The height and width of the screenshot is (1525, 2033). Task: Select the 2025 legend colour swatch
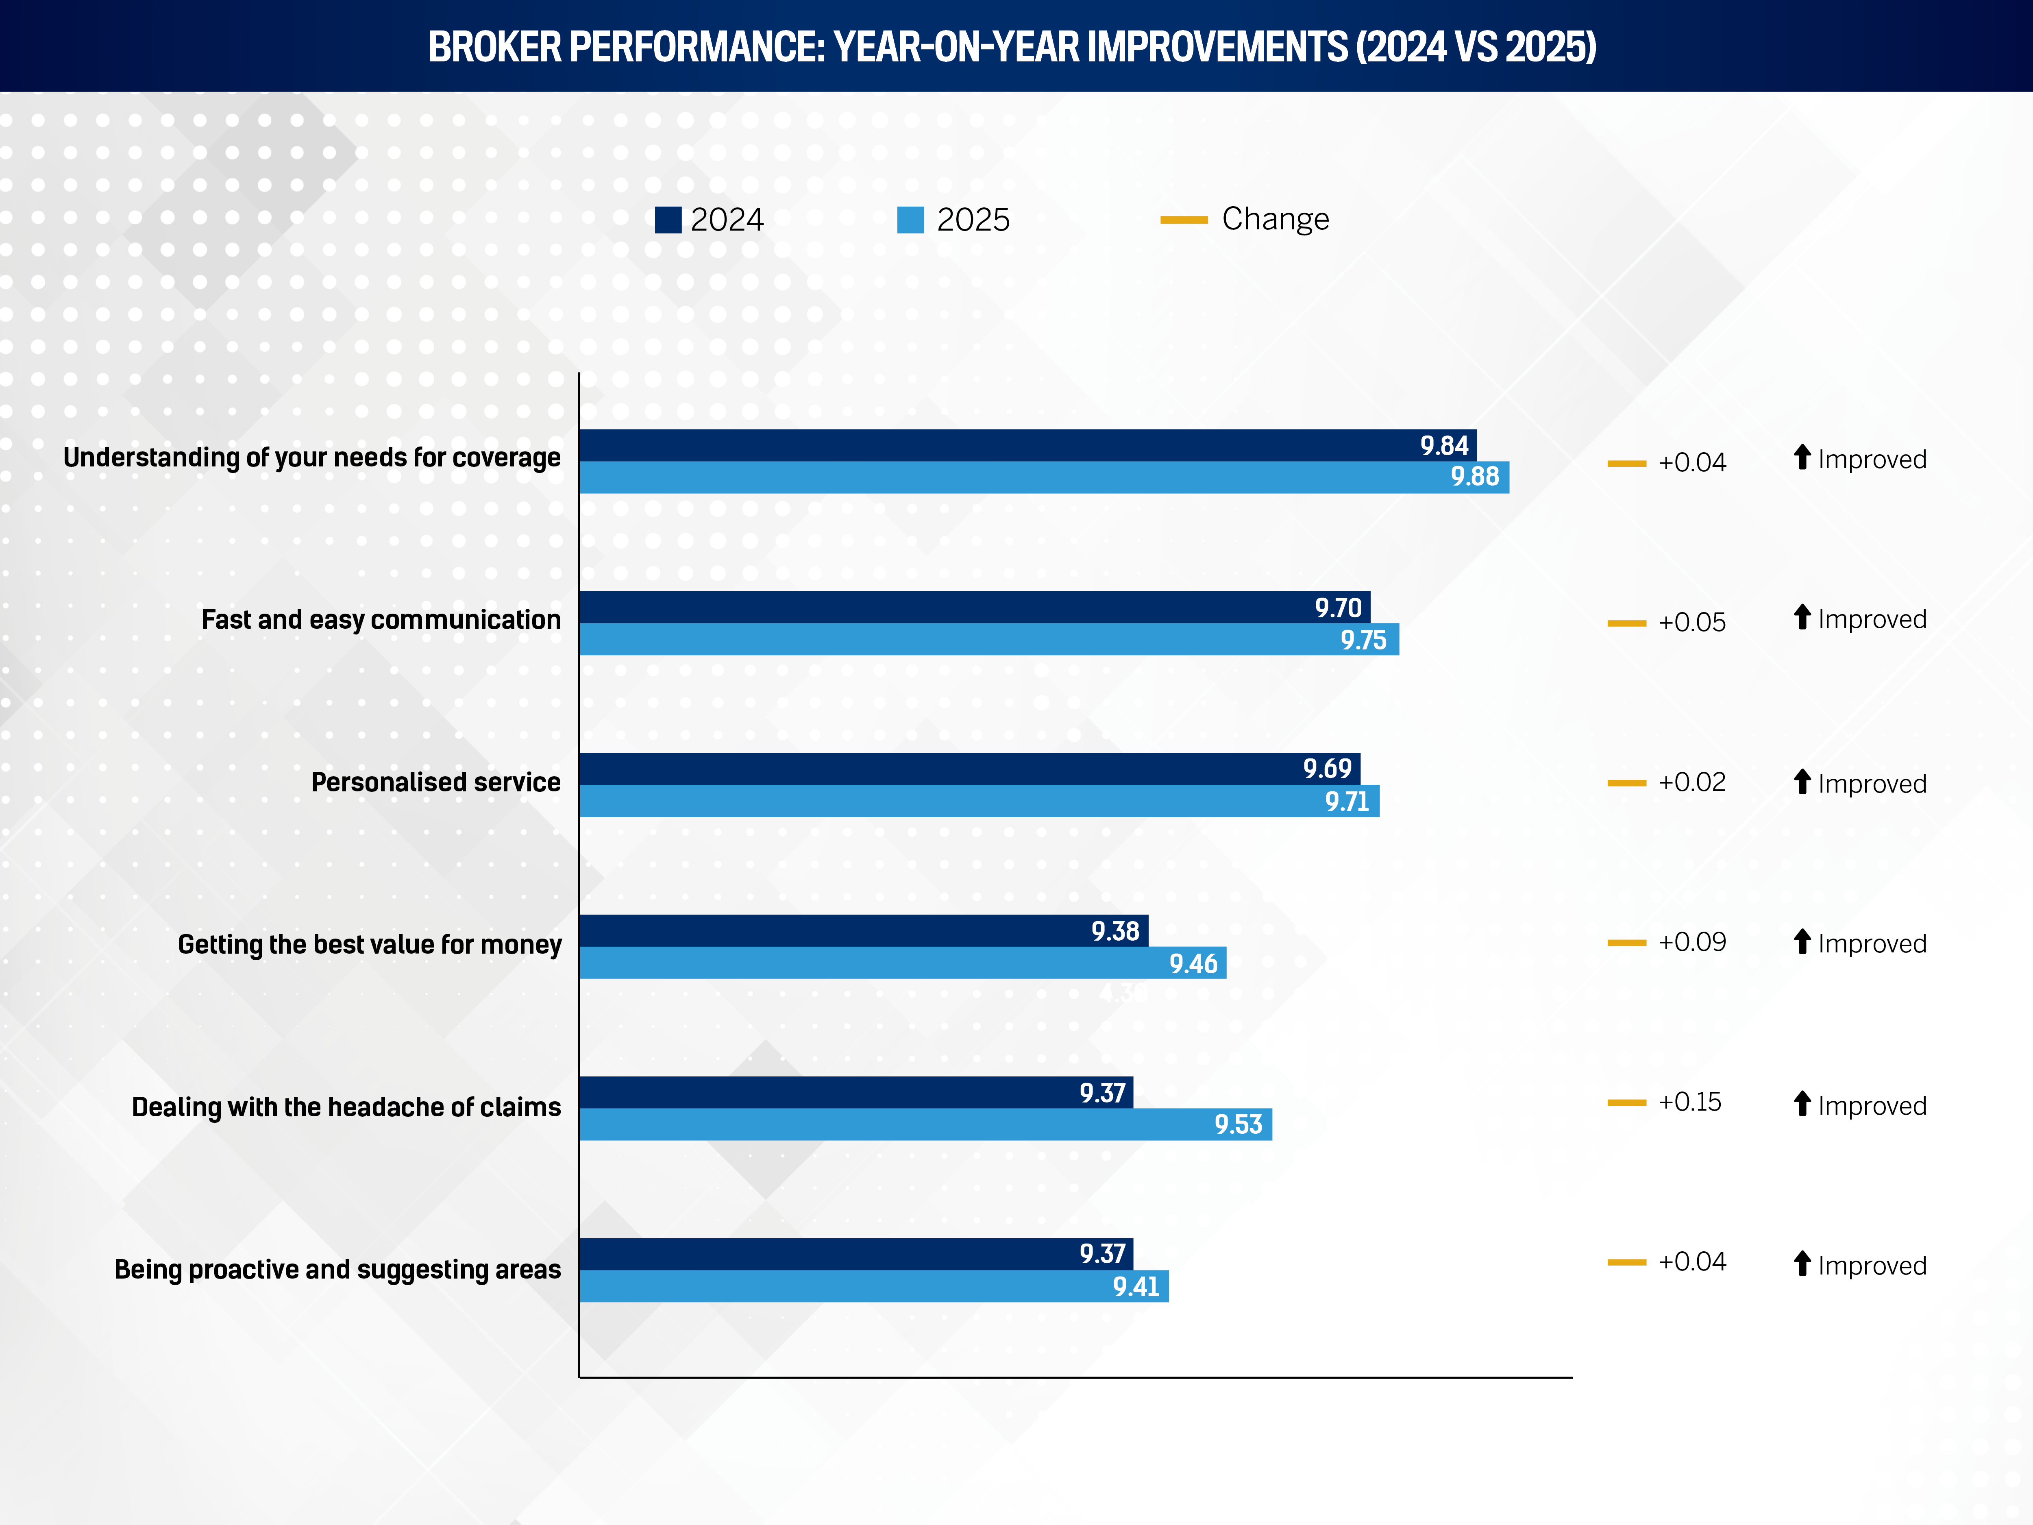click(x=910, y=220)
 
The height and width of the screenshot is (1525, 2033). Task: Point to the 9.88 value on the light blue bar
click(x=1474, y=477)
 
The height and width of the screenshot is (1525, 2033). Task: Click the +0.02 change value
click(x=1691, y=782)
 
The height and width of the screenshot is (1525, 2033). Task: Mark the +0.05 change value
click(x=1691, y=622)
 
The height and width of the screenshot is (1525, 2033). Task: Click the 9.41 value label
click(x=1136, y=1286)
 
